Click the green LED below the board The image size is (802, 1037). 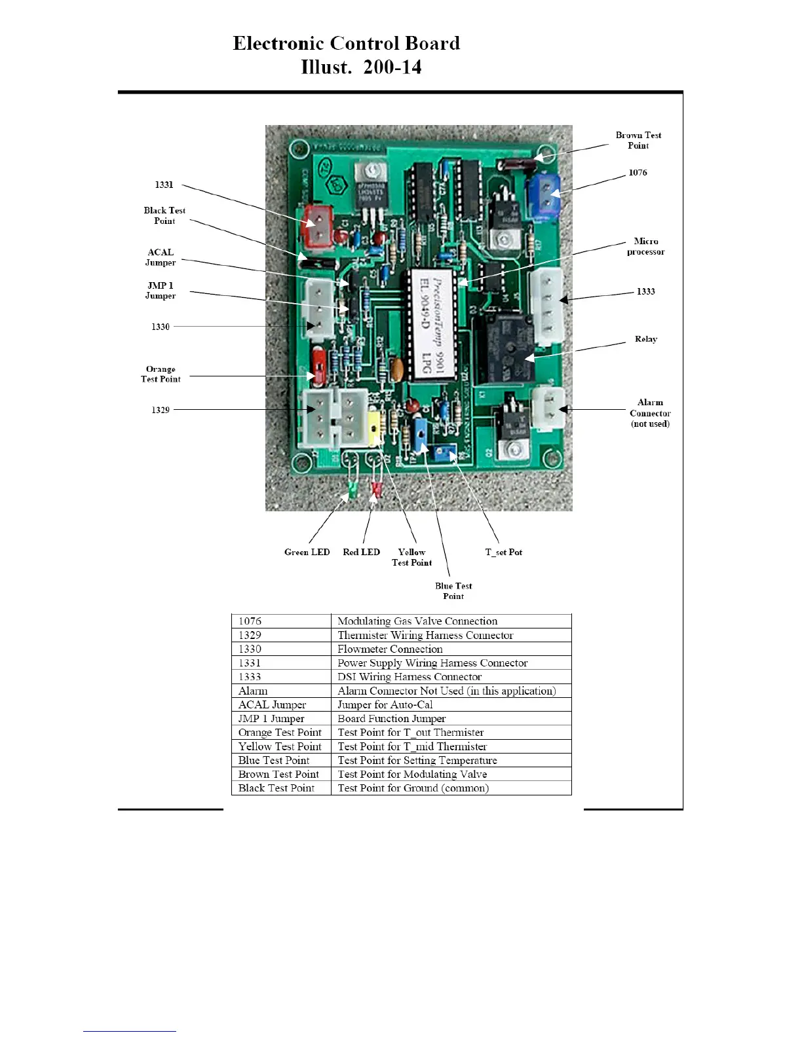[x=352, y=488]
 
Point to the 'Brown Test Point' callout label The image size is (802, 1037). [x=638, y=140]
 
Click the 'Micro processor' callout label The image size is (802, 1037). [x=645, y=246]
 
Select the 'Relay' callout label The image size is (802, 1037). [x=645, y=339]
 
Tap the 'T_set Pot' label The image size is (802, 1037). [x=503, y=552]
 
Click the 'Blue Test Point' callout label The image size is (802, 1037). [x=453, y=591]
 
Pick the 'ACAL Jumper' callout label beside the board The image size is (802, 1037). [x=161, y=257]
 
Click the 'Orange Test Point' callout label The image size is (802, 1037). [x=161, y=374]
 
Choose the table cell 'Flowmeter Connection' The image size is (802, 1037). [x=390, y=649]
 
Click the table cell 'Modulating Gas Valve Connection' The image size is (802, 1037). [x=417, y=621]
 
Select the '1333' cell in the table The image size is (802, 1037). [x=250, y=677]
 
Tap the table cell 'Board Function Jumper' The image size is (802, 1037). [x=391, y=718]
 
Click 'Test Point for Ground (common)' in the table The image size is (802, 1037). [x=413, y=788]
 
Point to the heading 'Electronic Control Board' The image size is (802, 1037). [x=347, y=43]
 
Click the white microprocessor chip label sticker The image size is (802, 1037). [x=431, y=325]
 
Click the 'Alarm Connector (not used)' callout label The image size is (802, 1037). [x=650, y=413]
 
